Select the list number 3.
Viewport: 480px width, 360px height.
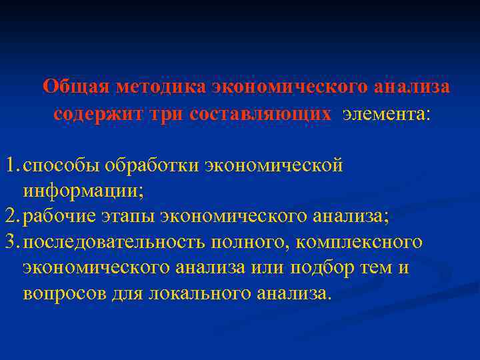[x=9, y=242]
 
